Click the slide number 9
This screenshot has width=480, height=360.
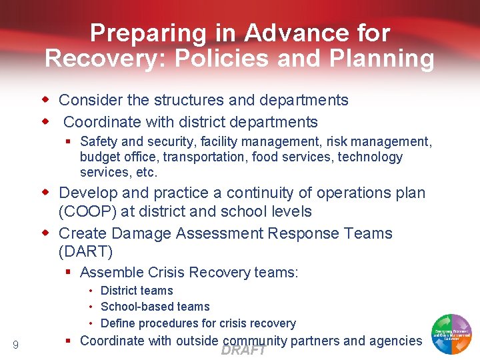click(15, 345)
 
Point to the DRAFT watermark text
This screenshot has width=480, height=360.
click(244, 351)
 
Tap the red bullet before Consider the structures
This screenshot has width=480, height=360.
click(47, 100)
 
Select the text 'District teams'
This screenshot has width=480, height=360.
click(137, 291)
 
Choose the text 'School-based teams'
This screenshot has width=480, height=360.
click(155, 307)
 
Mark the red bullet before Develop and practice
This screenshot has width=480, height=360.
click(47, 193)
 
